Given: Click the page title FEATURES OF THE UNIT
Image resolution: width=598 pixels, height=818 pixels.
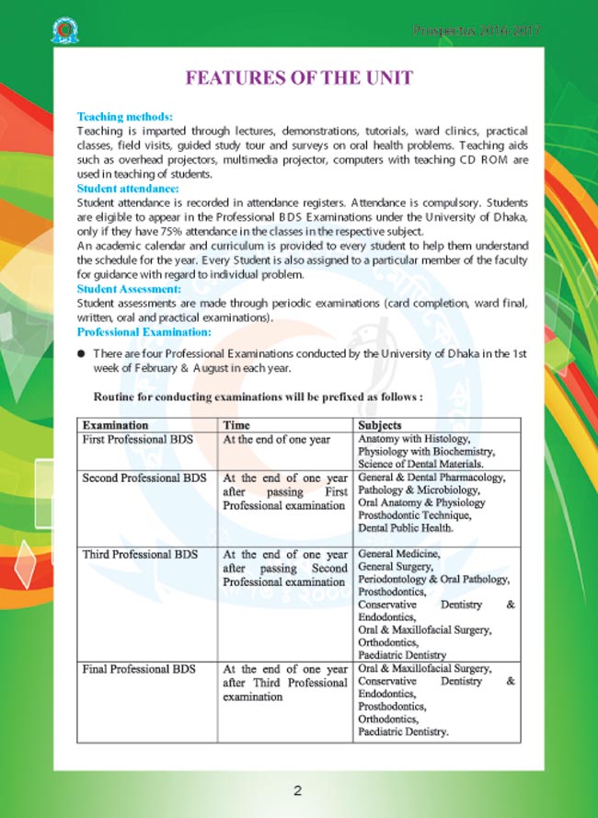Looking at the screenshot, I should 299,78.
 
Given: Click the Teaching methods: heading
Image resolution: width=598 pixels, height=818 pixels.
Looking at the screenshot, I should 124,118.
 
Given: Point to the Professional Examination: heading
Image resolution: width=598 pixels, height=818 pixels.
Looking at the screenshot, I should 144,331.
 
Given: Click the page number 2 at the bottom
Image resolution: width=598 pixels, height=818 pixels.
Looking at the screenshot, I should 298,790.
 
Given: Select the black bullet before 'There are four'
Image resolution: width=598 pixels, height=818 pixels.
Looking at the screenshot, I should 81,354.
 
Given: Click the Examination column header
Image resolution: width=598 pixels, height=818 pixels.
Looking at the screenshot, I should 116,426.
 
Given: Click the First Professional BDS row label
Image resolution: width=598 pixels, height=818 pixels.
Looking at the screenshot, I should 138,440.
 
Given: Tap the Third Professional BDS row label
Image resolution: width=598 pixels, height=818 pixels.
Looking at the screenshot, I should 141,555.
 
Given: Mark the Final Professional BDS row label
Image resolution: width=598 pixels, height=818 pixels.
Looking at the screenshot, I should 139,669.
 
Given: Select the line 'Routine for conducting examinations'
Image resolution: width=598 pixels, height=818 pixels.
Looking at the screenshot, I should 259,397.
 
